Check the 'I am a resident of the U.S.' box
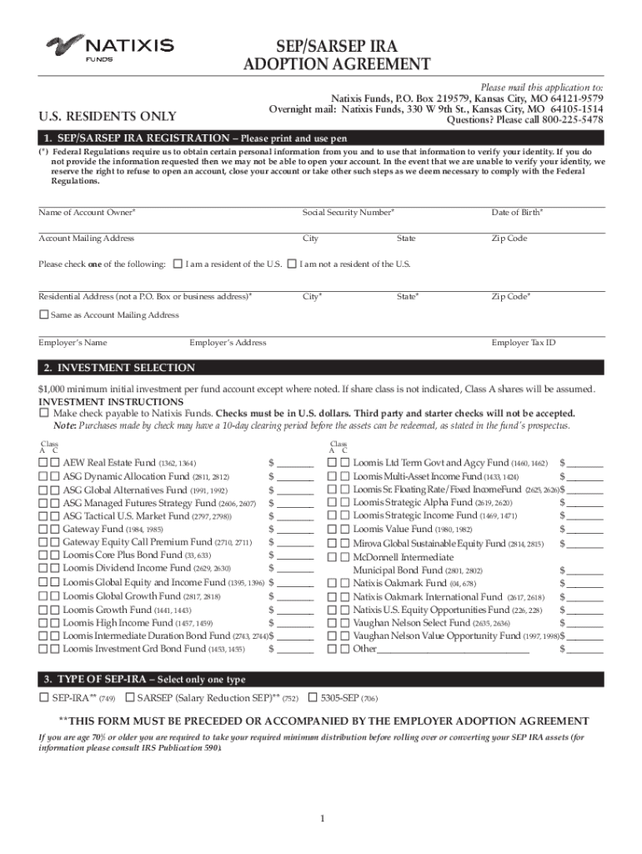177,264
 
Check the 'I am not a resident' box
291,264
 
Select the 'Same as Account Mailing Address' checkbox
44,314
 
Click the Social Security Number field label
348,213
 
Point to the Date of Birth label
517,213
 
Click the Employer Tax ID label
524,343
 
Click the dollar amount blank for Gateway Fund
295,530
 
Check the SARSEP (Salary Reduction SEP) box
130,697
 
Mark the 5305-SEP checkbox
313,697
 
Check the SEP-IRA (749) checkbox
44,697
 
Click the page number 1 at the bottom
322,818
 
